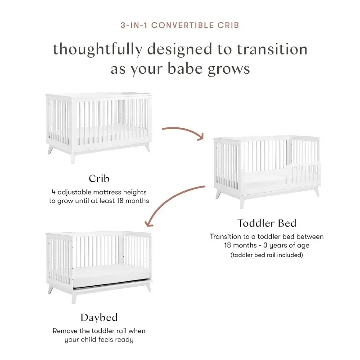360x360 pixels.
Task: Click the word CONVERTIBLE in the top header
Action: click(182, 25)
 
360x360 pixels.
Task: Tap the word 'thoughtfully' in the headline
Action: click(98, 49)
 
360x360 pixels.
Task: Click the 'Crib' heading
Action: click(99, 179)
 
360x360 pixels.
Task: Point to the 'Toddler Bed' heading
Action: click(266, 223)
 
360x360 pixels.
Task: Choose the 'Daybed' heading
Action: click(99, 318)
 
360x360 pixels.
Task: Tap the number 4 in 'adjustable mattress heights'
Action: click(54, 192)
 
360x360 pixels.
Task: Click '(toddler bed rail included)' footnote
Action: click(266, 255)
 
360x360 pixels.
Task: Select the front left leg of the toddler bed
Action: click(242, 202)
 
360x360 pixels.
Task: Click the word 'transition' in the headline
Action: click(272, 49)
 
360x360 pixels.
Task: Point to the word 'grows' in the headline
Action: click(229, 69)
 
